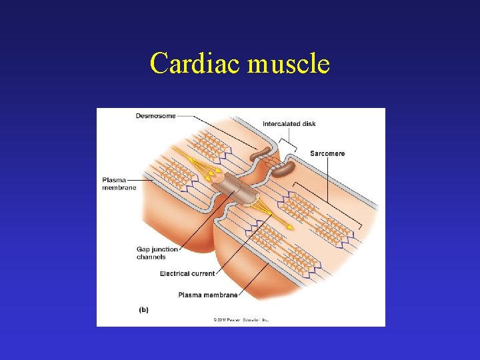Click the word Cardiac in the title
tap(195, 64)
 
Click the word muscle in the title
tap(289, 64)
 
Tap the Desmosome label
tap(155, 116)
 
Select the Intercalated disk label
tap(289, 124)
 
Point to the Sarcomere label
tap(327, 154)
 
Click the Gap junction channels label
tap(157, 253)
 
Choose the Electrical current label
tap(187, 273)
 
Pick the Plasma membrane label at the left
tap(119, 183)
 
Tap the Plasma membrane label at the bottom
tap(208, 295)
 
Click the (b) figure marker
tap(143, 309)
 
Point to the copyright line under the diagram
tap(241, 320)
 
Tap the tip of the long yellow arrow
tap(292, 228)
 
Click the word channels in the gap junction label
tap(151, 257)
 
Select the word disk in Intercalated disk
tap(307, 124)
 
